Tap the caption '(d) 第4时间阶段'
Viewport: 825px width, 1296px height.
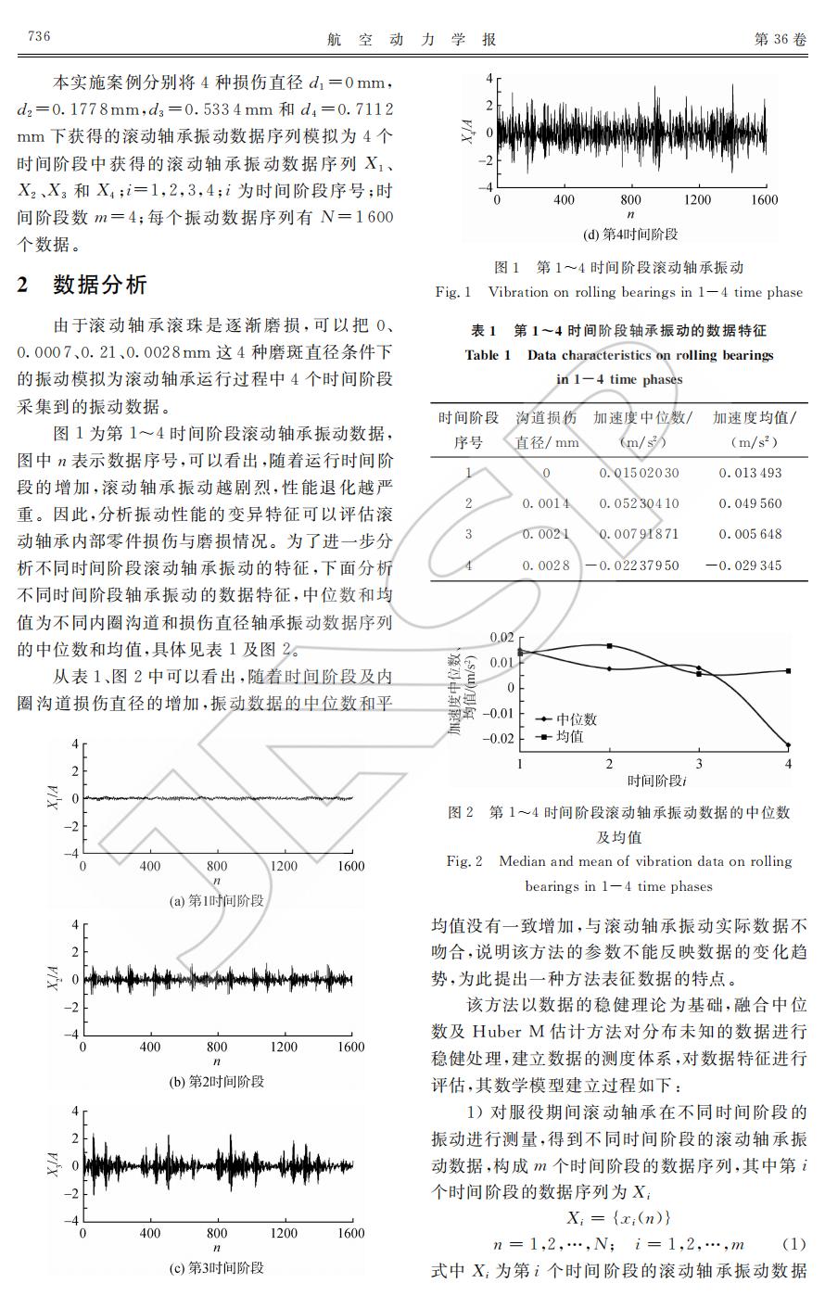click(630, 235)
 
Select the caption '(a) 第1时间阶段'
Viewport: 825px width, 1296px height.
click(217, 900)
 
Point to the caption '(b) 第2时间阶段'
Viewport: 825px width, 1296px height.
click(217, 1081)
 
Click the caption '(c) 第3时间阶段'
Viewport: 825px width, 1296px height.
click(217, 1267)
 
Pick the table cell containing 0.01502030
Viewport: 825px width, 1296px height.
click(639, 473)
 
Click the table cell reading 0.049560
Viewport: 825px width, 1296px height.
click(750, 503)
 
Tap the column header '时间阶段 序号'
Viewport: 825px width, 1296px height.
click(468, 430)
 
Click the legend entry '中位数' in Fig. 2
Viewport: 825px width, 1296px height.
click(576, 719)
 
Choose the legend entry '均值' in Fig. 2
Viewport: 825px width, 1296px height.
click(569, 737)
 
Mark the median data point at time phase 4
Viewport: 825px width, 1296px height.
click(788, 744)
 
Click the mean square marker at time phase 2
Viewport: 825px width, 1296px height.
click(609, 646)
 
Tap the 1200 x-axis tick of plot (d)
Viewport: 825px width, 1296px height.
click(697, 199)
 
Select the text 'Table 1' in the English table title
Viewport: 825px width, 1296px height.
click(488, 355)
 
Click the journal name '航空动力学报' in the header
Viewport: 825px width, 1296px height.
click(412, 39)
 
